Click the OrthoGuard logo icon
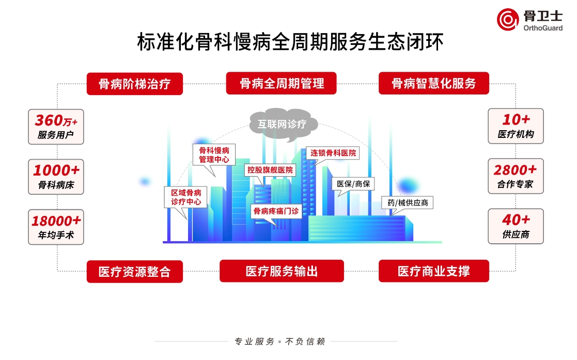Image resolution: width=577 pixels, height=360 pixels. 507,20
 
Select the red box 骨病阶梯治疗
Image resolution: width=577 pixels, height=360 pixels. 134,84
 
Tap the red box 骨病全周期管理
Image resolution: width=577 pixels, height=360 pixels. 282,83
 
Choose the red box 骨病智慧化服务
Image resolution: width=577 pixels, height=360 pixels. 433,83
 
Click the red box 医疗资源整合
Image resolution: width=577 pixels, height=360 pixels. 134,271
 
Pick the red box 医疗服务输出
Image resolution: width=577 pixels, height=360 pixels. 282,271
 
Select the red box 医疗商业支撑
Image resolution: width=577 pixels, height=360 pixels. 433,271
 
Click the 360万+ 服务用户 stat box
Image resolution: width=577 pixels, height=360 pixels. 56,127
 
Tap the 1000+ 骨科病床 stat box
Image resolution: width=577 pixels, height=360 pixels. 56,176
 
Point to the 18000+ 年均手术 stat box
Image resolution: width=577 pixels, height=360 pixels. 56,226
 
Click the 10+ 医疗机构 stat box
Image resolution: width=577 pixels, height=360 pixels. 516,126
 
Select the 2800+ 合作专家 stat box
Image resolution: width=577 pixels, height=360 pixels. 516,176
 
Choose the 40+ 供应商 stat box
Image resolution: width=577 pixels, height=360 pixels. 516,226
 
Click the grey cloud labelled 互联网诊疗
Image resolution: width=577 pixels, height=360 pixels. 282,124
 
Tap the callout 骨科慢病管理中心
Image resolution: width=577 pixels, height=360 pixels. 213,155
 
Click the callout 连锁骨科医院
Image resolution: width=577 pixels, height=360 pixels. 333,153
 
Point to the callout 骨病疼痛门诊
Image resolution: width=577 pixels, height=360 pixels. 275,211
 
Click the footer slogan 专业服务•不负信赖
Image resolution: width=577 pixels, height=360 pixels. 279,341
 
